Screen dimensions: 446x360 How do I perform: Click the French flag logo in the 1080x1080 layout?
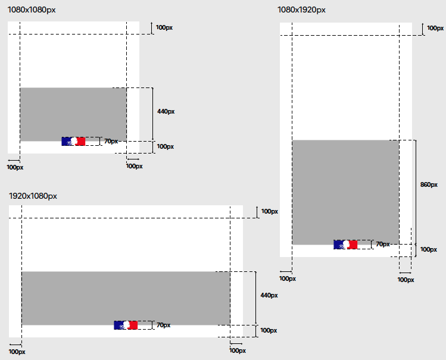(x=73, y=141)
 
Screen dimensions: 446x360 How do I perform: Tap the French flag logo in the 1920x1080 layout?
(x=126, y=325)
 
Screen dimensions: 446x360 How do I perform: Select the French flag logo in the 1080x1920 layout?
(x=345, y=245)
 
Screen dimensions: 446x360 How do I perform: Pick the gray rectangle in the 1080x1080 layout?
(x=73, y=114)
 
